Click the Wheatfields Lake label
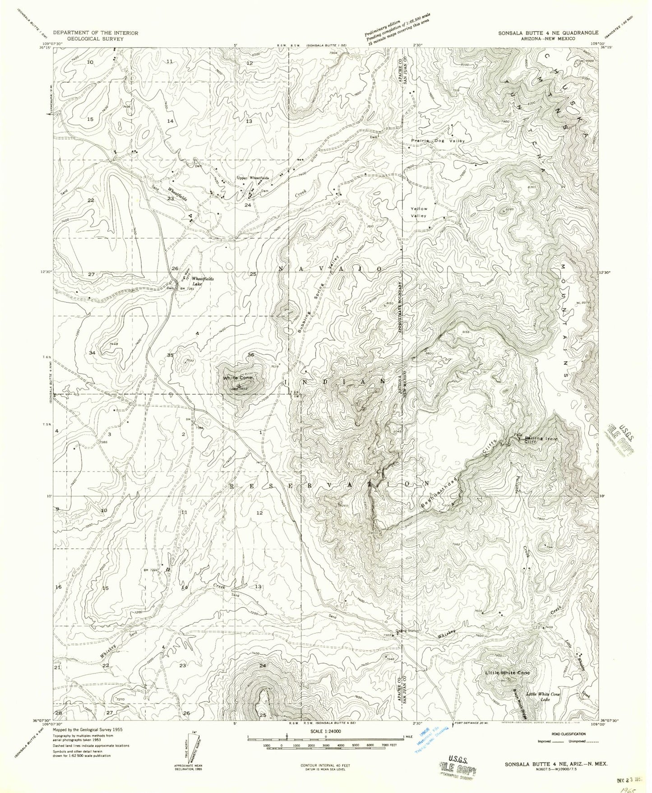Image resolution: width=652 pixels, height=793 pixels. [203, 281]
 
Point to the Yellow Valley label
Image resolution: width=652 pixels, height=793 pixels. [419, 212]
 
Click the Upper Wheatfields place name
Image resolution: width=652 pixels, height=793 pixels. [253, 178]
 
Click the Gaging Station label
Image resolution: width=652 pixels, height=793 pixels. [407, 631]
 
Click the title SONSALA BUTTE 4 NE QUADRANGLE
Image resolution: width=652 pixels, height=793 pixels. [548, 33]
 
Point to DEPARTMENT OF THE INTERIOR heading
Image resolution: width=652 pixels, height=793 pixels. [96, 33]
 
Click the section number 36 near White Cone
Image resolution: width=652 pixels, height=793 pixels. [251, 355]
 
